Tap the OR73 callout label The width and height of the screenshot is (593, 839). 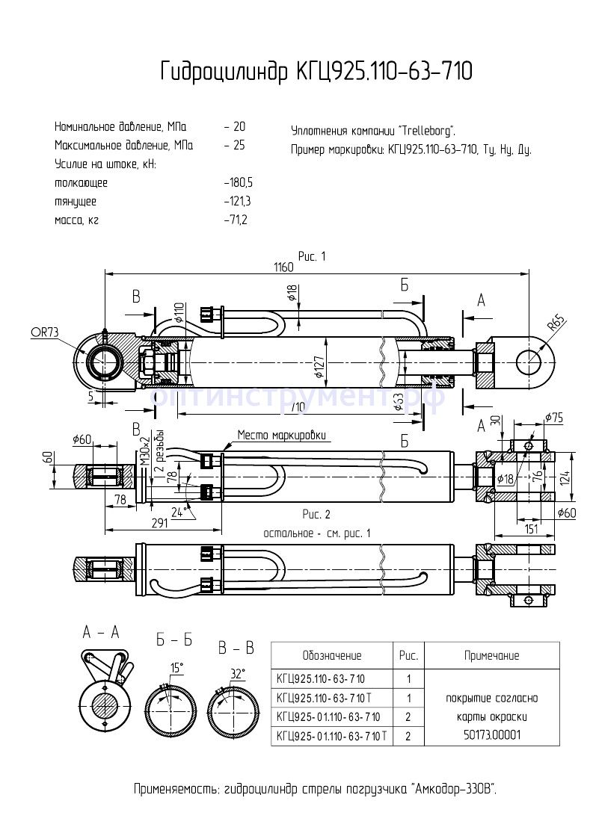click(x=44, y=332)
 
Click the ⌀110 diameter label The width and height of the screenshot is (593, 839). click(x=179, y=313)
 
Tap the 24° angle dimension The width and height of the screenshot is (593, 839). click(x=178, y=512)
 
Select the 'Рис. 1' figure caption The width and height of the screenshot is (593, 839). click(x=313, y=256)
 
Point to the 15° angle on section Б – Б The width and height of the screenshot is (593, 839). click(x=176, y=667)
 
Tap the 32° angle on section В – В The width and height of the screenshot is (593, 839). click(x=237, y=673)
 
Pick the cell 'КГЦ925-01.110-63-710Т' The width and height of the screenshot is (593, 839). click(x=331, y=736)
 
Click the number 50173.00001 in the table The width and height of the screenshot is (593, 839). click(x=491, y=734)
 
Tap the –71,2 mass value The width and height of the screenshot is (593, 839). click(x=235, y=220)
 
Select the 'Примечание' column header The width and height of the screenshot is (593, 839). click(x=491, y=655)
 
